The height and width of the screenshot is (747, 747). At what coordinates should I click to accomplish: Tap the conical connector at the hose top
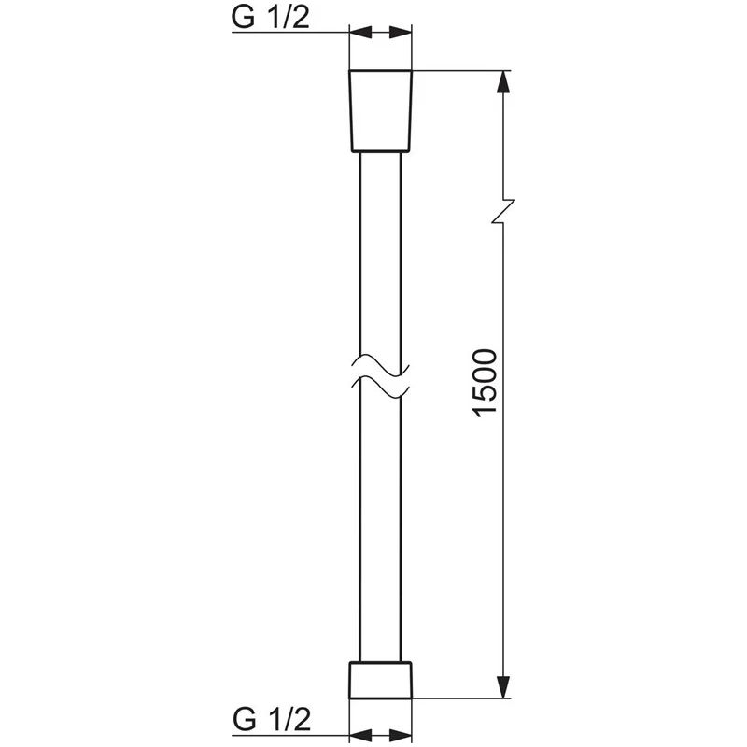tap(380, 110)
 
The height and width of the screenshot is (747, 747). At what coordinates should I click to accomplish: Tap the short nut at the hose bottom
tap(380, 680)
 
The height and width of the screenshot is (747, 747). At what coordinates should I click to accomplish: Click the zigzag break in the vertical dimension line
tap(504, 211)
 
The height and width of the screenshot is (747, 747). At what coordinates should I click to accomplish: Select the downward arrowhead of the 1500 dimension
tap(504, 687)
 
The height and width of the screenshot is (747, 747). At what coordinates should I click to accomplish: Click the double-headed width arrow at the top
tap(380, 33)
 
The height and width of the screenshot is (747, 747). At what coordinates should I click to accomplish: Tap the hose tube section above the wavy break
tap(380, 252)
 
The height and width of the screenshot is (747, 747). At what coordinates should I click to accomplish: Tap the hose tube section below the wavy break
tap(380, 523)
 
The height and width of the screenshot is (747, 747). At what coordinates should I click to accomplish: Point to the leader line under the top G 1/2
tap(289, 33)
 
